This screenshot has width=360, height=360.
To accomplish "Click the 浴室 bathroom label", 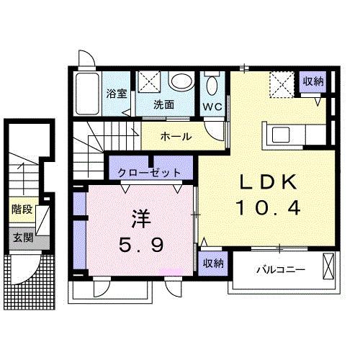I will click(115, 93).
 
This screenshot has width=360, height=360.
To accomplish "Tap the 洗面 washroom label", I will click(164, 104).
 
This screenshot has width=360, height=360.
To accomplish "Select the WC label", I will click(212, 107).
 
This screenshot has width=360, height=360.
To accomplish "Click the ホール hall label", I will click(176, 135).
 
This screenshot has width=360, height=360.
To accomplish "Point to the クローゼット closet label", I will click(150, 174).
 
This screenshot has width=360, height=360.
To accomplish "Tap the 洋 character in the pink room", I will click(141, 217).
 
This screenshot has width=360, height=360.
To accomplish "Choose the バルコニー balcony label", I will click(281, 270).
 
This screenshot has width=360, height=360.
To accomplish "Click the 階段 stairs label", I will click(22, 210).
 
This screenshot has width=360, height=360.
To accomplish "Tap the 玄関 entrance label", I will click(22, 237).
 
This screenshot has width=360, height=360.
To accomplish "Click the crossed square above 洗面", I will click(152, 83).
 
